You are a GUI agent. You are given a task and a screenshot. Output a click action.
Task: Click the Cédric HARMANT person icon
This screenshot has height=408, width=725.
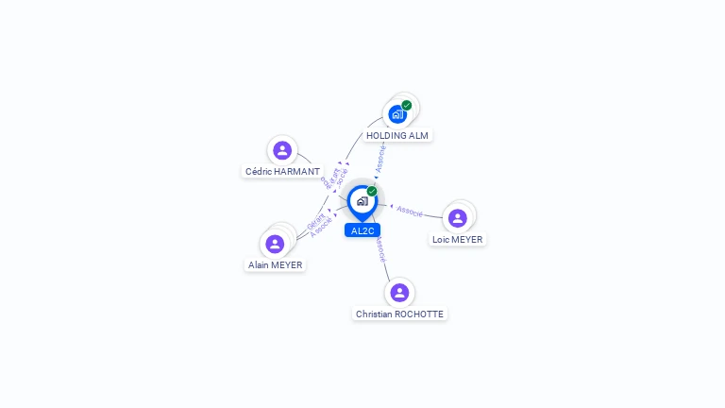pos(281,150)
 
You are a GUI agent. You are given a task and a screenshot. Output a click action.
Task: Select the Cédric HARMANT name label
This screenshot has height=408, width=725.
pos(282,172)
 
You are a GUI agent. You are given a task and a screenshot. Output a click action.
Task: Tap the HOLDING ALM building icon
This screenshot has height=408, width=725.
pos(397,114)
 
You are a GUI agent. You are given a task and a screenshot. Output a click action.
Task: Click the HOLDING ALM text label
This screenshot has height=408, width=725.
pos(397,136)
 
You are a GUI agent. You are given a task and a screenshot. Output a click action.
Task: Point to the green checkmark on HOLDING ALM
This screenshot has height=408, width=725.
pos(407,106)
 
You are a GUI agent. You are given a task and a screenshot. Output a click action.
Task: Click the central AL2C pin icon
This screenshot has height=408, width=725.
pos(362,201)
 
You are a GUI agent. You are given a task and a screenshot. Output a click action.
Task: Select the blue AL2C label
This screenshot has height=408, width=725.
pos(362,230)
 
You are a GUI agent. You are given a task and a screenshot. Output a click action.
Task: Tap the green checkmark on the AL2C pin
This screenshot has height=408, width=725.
pos(372,192)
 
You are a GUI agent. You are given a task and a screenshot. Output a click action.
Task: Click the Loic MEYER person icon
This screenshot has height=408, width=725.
pos(458,218)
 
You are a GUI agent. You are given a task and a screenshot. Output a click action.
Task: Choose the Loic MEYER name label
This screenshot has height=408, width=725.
pos(458,240)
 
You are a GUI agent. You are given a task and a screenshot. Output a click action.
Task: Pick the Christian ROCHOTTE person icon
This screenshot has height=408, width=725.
pos(399,292)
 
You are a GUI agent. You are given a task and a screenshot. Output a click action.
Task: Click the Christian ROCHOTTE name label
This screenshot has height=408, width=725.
pos(399,314)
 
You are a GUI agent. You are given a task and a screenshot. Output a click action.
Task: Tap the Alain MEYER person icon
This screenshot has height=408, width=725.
pos(275,244)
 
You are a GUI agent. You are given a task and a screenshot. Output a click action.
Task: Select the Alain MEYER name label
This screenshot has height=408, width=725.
pos(276,265)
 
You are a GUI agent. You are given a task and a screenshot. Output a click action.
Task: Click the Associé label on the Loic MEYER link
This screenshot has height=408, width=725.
pos(410,211)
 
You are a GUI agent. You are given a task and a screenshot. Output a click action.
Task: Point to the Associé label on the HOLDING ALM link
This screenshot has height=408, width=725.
pos(380,157)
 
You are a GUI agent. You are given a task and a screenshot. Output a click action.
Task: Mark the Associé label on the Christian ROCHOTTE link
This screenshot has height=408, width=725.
pos(379,249)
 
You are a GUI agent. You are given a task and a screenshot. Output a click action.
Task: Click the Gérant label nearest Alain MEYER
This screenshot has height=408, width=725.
pos(315,223)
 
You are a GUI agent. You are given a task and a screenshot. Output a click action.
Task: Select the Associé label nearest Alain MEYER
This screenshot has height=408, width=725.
pos(321,228)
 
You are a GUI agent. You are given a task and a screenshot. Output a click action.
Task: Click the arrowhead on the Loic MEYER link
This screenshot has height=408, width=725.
pos(391,206)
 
